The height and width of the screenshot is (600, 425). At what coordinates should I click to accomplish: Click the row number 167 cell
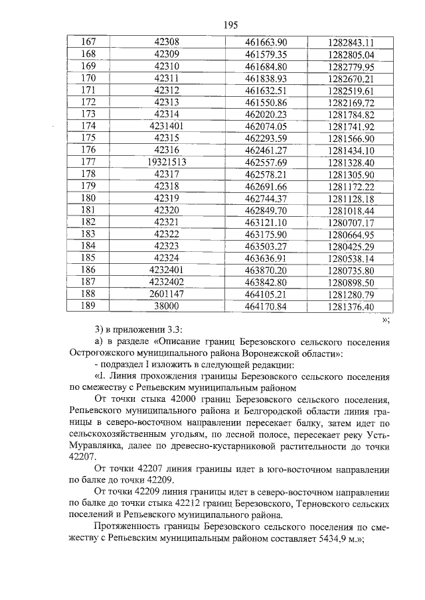point(88,42)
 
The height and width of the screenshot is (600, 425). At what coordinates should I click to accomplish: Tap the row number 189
point(88,306)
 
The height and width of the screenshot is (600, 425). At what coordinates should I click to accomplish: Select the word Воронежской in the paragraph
point(279,353)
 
